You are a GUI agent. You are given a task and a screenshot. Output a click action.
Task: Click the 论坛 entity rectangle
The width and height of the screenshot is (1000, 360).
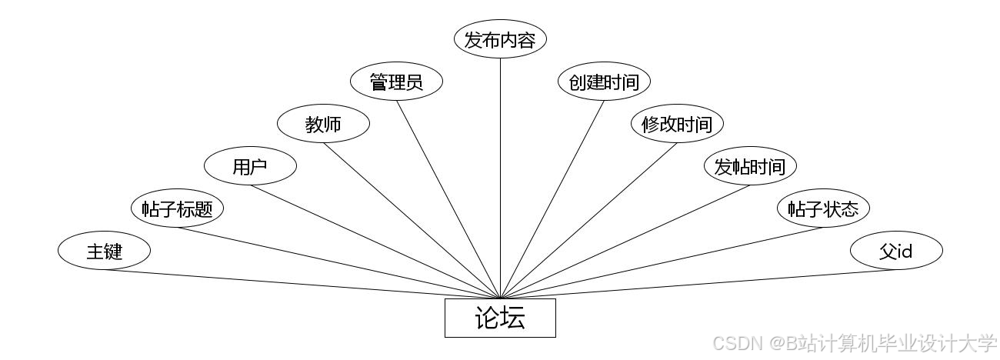pyautogui.click(x=500, y=318)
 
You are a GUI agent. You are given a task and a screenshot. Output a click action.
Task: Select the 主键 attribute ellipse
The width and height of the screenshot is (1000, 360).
pyautogui.click(x=104, y=251)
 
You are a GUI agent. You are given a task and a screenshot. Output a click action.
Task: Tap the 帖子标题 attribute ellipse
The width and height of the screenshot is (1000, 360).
pyautogui.click(x=177, y=208)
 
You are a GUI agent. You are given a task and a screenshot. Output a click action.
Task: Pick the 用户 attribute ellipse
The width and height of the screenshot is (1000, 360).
pyautogui.click(x=250, y=166)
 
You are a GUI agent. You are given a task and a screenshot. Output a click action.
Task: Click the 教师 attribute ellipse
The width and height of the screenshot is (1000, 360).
pyautogui.click(x=323, y=124)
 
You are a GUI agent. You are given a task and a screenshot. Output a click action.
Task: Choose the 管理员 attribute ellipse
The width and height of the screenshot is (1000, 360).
pyautogui.click(x=396, y=82)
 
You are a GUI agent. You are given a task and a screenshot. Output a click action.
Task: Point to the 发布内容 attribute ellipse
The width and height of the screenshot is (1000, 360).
pyautogui.click(x=500, y=40)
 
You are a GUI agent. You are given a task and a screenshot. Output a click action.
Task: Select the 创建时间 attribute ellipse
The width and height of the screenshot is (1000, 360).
pyautogui.click(x=604, y=82)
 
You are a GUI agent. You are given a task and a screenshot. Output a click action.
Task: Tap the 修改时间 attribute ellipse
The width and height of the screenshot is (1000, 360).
pyautogui.click(x=677, y=124)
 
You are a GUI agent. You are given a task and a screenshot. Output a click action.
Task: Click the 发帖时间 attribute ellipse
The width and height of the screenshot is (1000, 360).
pyautogui.click(x=750, y=166)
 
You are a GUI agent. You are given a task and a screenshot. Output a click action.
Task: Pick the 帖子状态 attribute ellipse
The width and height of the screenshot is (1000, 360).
pyautogui.click(x=823, y=208)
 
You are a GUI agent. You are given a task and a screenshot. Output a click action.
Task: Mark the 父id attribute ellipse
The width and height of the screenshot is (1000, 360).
pyautogui.click(x=896, y=251)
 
